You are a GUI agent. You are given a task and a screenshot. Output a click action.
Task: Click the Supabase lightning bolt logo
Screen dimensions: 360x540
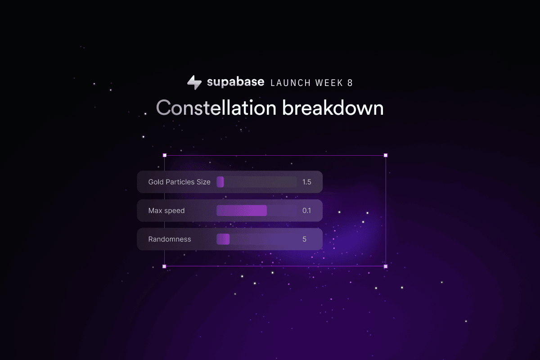[194, 82]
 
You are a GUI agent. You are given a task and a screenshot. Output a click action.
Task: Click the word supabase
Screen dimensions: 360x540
[235, 82]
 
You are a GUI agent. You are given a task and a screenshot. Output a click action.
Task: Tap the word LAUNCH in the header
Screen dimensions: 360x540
[290, 83]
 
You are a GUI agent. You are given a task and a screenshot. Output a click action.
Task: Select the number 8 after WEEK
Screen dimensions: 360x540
[350, 83]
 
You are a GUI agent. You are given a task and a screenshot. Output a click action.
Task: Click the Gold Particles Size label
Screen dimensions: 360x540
[179, 182]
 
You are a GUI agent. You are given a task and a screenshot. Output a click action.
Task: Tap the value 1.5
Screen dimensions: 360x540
[307, 182]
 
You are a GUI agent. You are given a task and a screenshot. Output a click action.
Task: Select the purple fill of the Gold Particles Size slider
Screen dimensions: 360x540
[220, 182]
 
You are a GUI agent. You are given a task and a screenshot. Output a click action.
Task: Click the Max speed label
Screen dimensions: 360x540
[166, 211]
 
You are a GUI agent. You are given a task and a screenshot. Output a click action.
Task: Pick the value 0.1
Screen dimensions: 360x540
[306, 211]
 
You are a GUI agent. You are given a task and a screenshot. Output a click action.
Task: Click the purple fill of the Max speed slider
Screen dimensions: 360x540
[242, 211]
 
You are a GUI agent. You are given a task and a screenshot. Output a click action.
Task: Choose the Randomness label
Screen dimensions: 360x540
[170, 239]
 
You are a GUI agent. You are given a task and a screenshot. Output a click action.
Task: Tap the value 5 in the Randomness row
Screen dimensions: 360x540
[305, 239]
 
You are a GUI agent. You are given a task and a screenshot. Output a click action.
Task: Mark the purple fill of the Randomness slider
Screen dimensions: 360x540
[223, 239]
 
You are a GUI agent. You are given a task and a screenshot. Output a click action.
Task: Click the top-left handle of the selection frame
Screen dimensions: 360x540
[164, 155]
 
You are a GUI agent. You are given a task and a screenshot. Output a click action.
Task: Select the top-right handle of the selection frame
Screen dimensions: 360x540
[386, 155]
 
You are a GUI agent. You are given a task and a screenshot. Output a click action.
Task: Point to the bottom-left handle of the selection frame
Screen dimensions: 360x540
[164, 266]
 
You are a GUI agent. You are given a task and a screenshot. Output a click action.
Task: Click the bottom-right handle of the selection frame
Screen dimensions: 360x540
[386, 266]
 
